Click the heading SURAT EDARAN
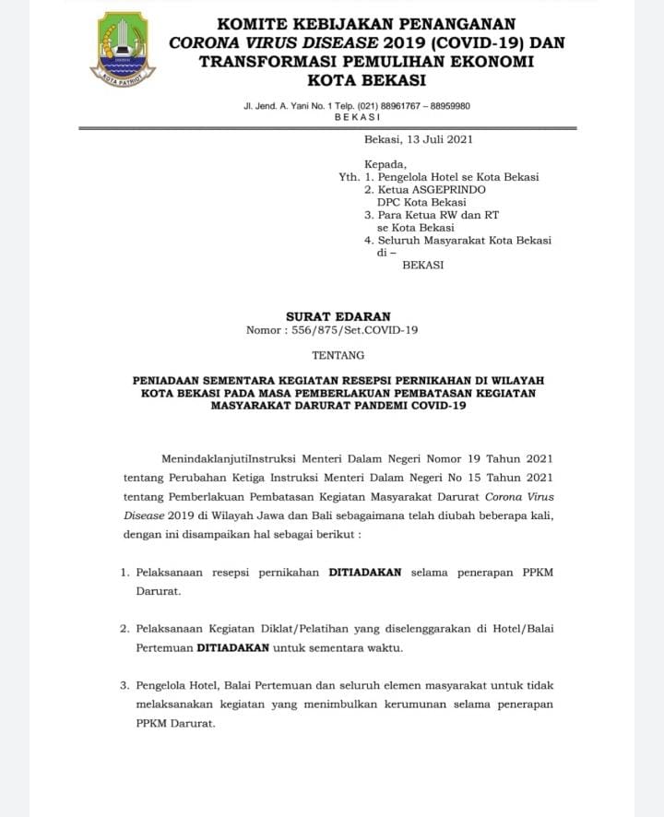(338, 316)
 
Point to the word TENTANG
(338, 354)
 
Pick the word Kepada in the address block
(385, 164)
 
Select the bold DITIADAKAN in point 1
(365, 572)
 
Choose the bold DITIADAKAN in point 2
(232, 647)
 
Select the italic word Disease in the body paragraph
(145, 515)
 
